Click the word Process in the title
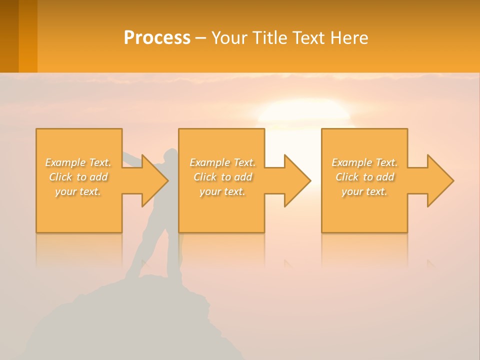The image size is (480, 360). pyautogui.click(x=157, y=38)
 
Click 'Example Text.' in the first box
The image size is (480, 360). pyautogui.click(x=78, y=162)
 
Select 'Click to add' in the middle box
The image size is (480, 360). pyautogui.click(x=222, y=177)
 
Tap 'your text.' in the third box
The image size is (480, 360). pyautogui.click(x=364, y=191)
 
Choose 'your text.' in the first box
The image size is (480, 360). pyautogui.click(x=78, y=191)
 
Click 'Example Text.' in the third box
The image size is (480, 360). pyautogui.click(x=364, y=162)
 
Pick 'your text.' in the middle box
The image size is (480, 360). pyautogui.click(x=222, y=191)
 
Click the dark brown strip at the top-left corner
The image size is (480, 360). pyautogui.click(x=9, y=35)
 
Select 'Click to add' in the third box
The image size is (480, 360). pyautogui.click(x=364, y=177)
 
